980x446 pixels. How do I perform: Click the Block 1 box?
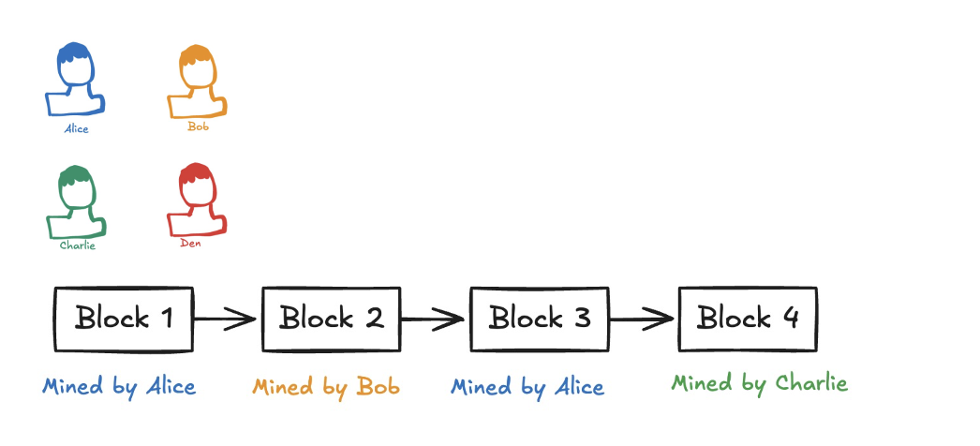pos(124,319)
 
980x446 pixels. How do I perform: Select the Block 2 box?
pos(332,319)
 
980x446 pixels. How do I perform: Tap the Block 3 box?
pos(539,319)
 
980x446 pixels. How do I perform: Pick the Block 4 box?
pos(747,319)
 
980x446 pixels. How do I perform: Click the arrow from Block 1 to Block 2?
pos(227,319)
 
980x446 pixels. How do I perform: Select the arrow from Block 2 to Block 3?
pos(435,319)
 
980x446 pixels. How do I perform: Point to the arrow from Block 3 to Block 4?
pos(643,319)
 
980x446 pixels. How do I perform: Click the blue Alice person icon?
pos(74,81)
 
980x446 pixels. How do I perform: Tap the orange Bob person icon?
pos(197,81)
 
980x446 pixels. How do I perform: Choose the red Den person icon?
pos(197,200)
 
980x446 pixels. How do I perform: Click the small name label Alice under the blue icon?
pos(76,129)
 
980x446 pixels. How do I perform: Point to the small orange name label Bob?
pos(198,126)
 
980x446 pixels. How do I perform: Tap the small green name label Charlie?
pos(78,245)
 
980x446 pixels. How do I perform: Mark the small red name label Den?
pos(190,244)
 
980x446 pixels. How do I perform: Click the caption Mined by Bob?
pos(326,387)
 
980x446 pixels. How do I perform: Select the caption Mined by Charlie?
pos(759,383)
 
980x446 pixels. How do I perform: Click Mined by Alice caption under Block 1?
pos(119,386)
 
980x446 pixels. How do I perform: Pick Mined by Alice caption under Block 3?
pos(527,387)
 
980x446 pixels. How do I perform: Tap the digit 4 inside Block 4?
pos(789,318)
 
